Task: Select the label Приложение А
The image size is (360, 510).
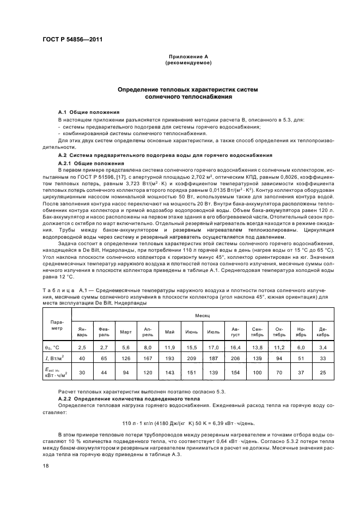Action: (x=188, y=57)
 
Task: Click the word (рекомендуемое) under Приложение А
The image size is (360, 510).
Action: (x=188, y=63)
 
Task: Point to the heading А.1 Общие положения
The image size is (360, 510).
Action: (x=89, y=112)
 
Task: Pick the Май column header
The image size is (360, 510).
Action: (x=169, y=332)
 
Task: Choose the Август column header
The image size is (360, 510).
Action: (x=235, y=332)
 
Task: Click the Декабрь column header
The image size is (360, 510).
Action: (x=322, y=332)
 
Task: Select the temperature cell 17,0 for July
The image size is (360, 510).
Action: (x=213, y=347)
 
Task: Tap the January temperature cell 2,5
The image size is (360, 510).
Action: (x=82, y=347)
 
